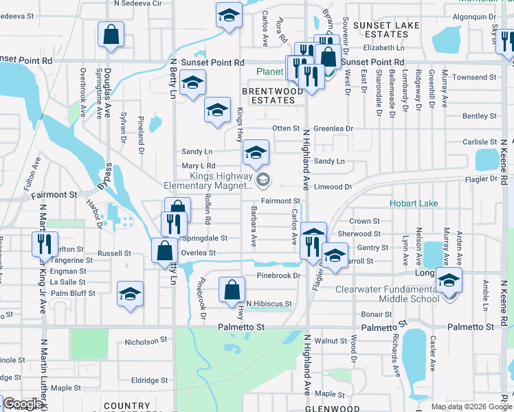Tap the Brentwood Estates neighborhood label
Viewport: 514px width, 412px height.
point(272,95)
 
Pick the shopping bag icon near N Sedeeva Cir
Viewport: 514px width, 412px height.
point(111,34)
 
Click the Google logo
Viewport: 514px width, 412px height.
point(23,404)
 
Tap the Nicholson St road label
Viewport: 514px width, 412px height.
point(146,341)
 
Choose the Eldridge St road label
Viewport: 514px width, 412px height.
point(149,380)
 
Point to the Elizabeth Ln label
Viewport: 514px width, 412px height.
point(384,48)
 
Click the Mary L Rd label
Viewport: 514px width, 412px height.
point(199,165)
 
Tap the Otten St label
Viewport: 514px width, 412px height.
point(286,128)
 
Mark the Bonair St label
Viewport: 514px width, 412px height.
point(377,314)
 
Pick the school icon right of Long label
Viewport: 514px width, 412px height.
point(449,280)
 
